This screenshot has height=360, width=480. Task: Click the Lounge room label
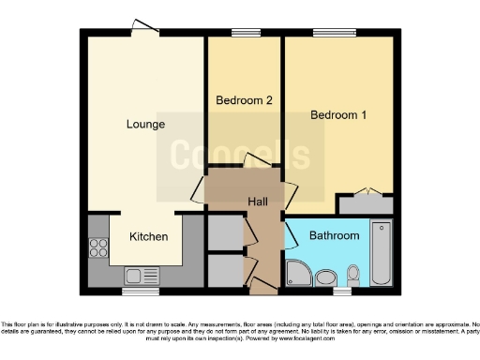tap(146, 124)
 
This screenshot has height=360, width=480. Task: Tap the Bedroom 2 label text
tap(244, 100)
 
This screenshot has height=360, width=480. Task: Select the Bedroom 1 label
tap(337, 115)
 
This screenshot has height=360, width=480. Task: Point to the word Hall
tap(258, 202)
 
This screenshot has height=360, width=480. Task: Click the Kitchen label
tap(148, 236)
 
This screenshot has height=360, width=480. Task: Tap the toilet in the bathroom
tap(353, 275)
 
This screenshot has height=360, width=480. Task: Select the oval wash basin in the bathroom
tap(326, 277)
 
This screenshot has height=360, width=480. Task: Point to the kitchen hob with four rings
tap(97, 248)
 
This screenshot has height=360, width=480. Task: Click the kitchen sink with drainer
tap(141, 275)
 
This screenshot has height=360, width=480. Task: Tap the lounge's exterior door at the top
tap(143, 28)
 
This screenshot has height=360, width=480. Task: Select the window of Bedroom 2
tap(246, 33)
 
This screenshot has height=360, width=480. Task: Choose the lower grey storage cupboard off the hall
tap(224, 269)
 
